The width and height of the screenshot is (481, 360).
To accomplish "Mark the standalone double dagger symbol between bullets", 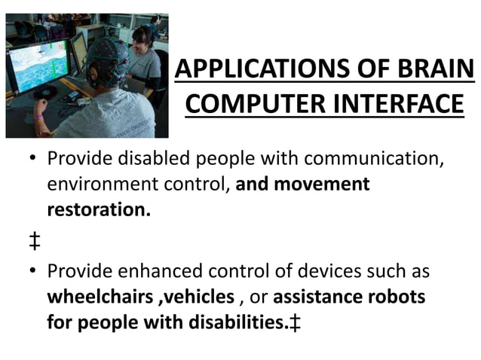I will [x=35, y=241].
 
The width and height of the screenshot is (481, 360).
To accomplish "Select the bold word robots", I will [x=398, y=297].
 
